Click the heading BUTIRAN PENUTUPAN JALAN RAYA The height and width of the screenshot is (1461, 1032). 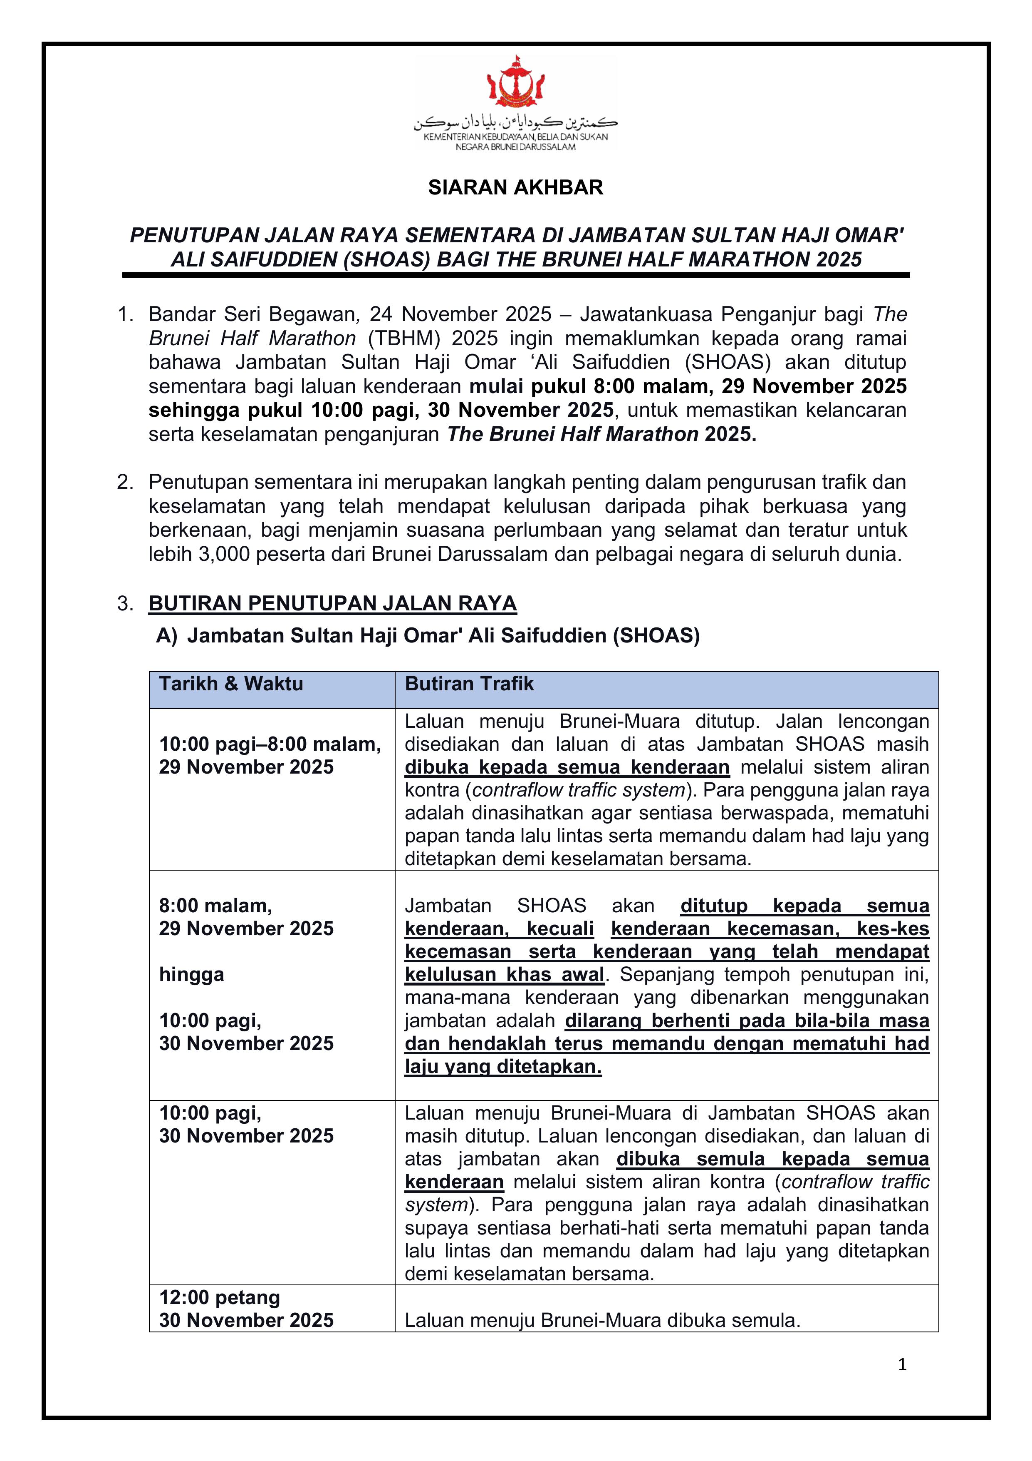click(332, 603)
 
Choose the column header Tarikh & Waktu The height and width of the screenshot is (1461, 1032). click(231, 684)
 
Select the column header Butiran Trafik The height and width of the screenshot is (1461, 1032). click(469, 684)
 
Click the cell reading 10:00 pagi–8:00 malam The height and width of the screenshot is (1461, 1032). click(270, 744)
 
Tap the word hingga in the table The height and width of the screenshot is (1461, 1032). click(191, 974)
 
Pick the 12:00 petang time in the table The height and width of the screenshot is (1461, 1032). click(219, 1297)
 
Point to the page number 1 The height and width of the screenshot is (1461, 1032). click(902, 1364)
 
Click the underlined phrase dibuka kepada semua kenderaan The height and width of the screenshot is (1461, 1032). click(567, 767)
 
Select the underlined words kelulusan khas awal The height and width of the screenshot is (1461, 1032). click(504, 974)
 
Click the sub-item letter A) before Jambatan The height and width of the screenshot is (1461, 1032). click(167, 636)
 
